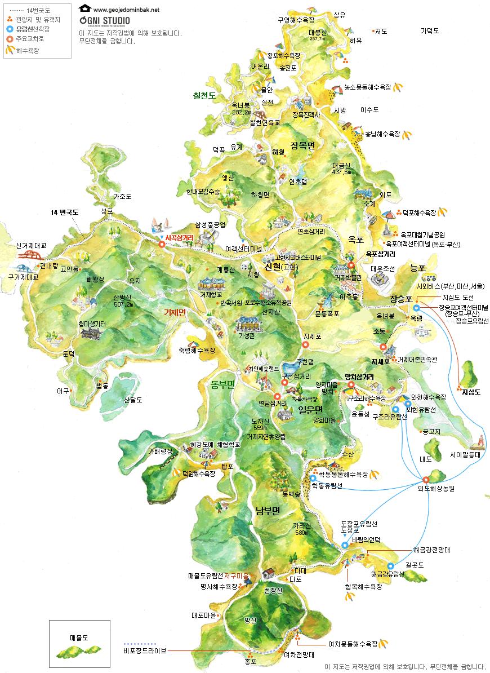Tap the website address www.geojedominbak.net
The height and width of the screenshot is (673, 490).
pos(126,10)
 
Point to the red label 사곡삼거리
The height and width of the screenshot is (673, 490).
pos(179,238)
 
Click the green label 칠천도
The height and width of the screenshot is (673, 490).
pos(204,95)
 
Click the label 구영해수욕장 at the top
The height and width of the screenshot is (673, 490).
pos(295,20)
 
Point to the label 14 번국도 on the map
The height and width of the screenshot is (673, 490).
pos(64,212)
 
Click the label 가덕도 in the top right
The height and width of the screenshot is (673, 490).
pos(430,31)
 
